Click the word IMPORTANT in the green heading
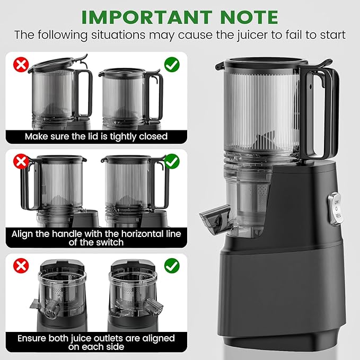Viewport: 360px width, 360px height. (x=147, y=17)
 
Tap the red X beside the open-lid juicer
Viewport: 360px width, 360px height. (x=21, y=65)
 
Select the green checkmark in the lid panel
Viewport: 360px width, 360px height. (x=172, y=65)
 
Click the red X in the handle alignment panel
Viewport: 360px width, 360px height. (x=21, y=161)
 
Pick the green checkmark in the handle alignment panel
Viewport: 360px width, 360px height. (x=172, y=161)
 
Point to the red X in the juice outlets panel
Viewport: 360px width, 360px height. (x=21, y=266)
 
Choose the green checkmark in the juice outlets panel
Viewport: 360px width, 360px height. (x=172, y=266)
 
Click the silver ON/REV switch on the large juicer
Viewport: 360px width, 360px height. (x=336, y=209)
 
